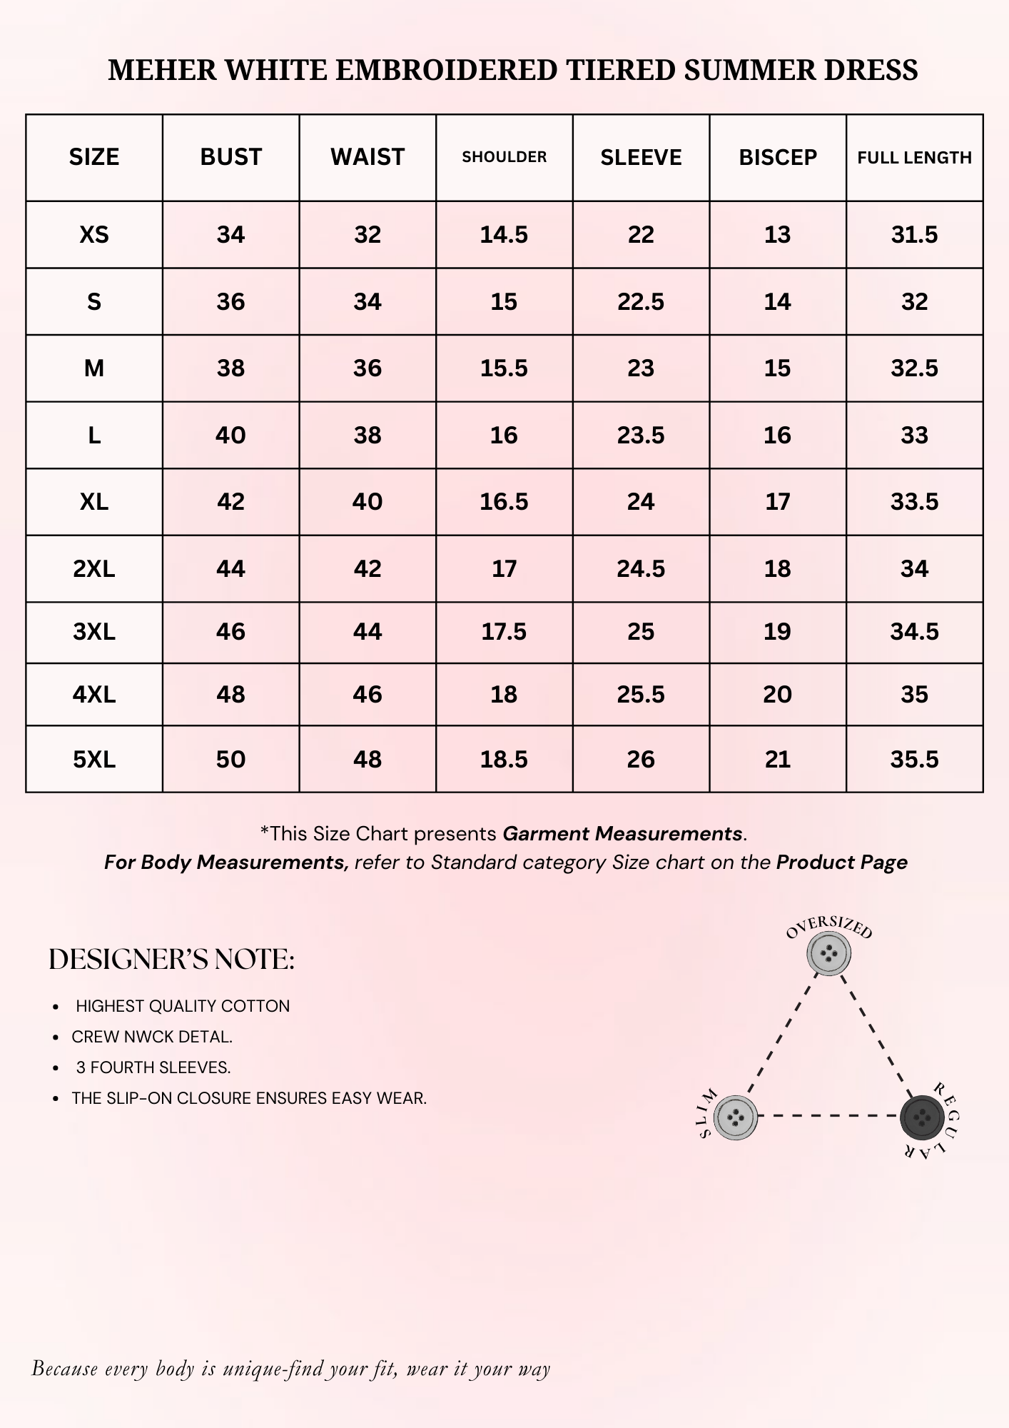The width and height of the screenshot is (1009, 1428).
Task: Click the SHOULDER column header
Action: point(504,157)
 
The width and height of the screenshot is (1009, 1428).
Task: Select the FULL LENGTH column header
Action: point(914,158)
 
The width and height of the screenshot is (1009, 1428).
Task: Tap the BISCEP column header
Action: point(778,157)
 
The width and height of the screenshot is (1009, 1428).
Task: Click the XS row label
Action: point(94,235)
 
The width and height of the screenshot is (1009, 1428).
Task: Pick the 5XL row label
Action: point(94,759)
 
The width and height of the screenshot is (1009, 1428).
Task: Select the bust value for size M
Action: point(230,368)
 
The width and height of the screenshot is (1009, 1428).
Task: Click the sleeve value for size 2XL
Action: point(641,569)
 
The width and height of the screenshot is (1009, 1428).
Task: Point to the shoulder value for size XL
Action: point(504,502)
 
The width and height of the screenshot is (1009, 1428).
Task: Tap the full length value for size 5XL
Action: point(914,759)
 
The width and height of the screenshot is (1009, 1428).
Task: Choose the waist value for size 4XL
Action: point(367,694)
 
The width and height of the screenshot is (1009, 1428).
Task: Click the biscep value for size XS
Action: point(778,235)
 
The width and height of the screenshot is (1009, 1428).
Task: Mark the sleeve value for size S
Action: point(641,302)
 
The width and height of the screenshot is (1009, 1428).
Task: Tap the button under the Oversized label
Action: point(828,954)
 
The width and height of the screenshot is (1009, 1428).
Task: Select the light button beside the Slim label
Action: point(735,1117)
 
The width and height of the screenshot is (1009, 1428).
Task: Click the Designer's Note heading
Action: point(171,960)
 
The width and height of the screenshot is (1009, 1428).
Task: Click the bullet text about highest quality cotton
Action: point(183,1006)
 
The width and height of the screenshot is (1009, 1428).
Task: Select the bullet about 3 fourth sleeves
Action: point(153,1067)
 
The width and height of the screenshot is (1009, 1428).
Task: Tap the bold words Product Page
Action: point(841,863)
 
